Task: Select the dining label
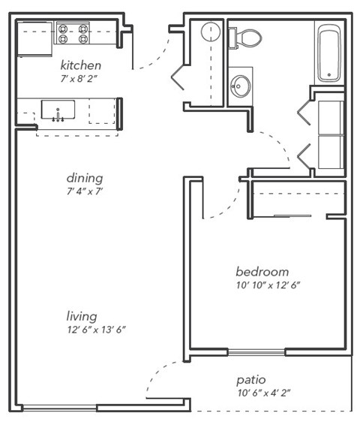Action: click(84, 178)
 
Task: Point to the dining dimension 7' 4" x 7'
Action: click(84, 191)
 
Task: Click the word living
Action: click(81, 316)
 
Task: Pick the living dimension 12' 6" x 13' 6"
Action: click(94, 329)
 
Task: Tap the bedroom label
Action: click(262, 271)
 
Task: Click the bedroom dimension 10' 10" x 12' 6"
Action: click(268, 285)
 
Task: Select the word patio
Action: click(251, 380)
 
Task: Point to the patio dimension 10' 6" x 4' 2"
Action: click(264, 393)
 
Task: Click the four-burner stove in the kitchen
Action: click(73, 34)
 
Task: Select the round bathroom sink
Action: click(241, 85)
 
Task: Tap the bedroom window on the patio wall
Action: click(256, 351)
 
